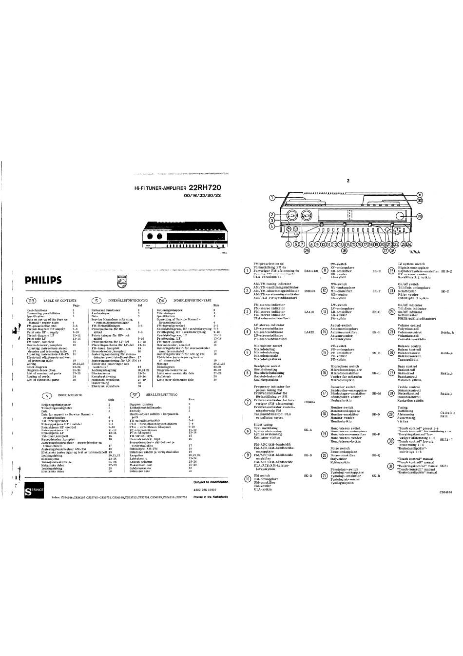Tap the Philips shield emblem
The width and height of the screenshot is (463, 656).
click(122, 281)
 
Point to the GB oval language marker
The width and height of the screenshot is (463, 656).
click(32, 301)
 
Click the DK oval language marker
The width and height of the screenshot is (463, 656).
click(161, 301)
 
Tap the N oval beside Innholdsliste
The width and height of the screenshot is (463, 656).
click(47, 395)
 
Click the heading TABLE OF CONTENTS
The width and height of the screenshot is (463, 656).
click(59, 301)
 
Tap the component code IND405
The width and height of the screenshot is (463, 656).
click(309, 291)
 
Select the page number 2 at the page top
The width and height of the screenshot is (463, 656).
click(348, 181)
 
